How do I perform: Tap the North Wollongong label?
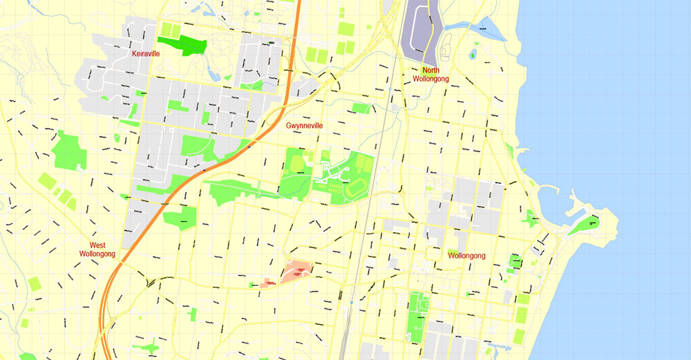tap(430, 75)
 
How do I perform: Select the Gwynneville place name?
tap(305, 126)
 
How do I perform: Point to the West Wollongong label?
tap(97, 249)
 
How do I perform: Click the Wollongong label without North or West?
tap(466, 256)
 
